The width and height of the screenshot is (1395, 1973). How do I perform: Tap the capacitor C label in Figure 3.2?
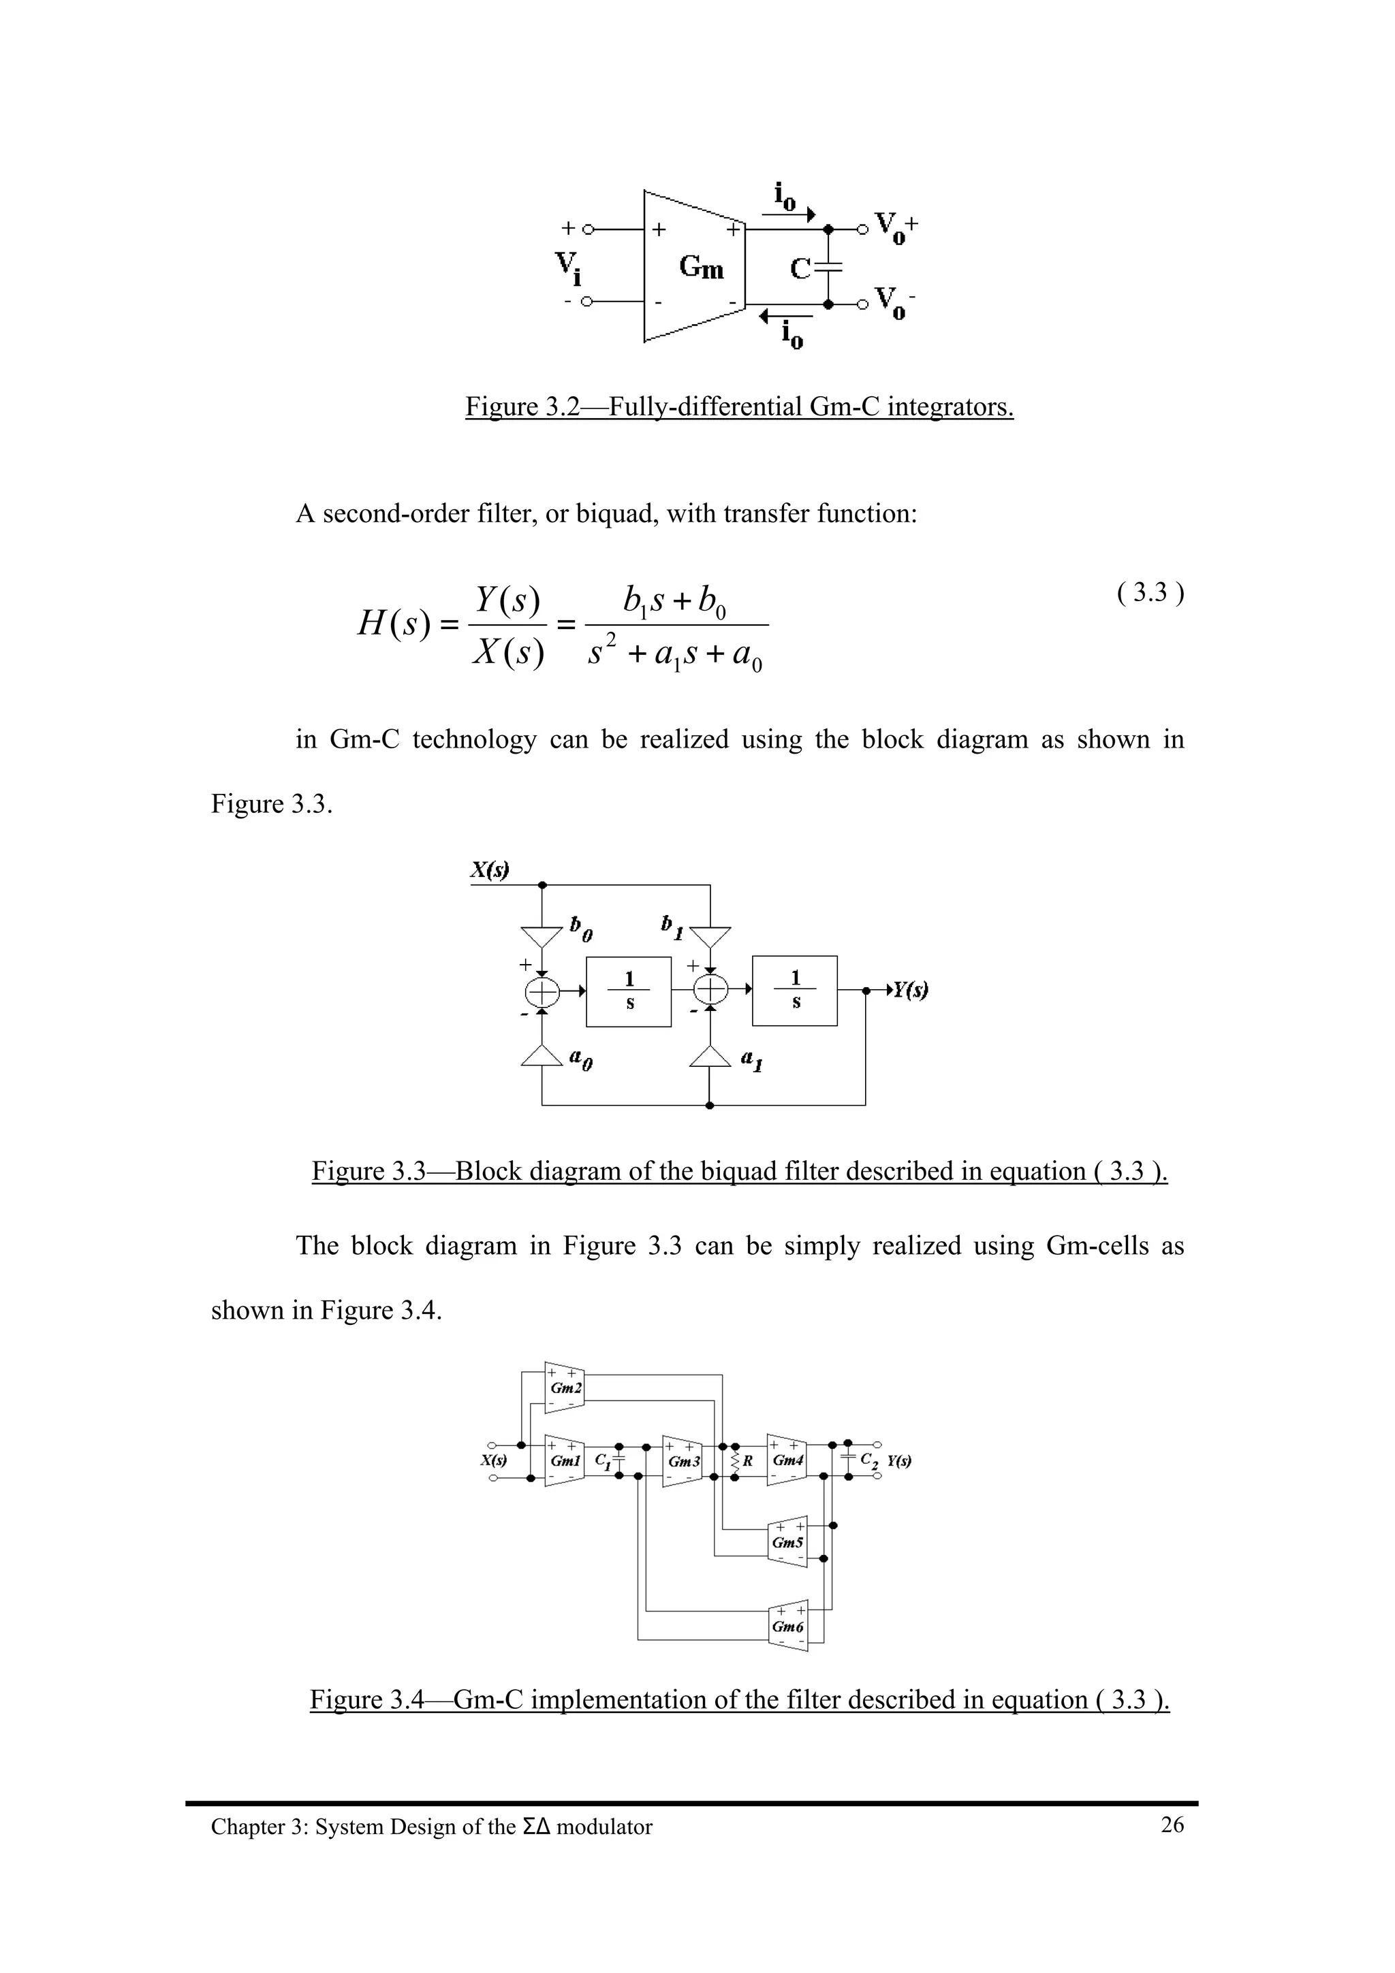coord(800,269)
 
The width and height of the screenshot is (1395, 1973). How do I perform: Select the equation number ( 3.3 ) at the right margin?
coord(1150,592)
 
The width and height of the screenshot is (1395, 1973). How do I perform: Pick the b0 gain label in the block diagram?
coord(581,928)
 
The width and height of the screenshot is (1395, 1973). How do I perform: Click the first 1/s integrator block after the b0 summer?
coord(628,991)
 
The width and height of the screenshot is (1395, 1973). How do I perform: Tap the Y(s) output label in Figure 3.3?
coord(909,990)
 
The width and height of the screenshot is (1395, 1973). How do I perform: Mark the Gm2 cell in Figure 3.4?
coord(565,1387)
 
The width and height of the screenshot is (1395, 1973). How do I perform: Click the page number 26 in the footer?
coord(1172,1825)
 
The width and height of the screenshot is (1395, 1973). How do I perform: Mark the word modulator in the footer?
coord(604,1827)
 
